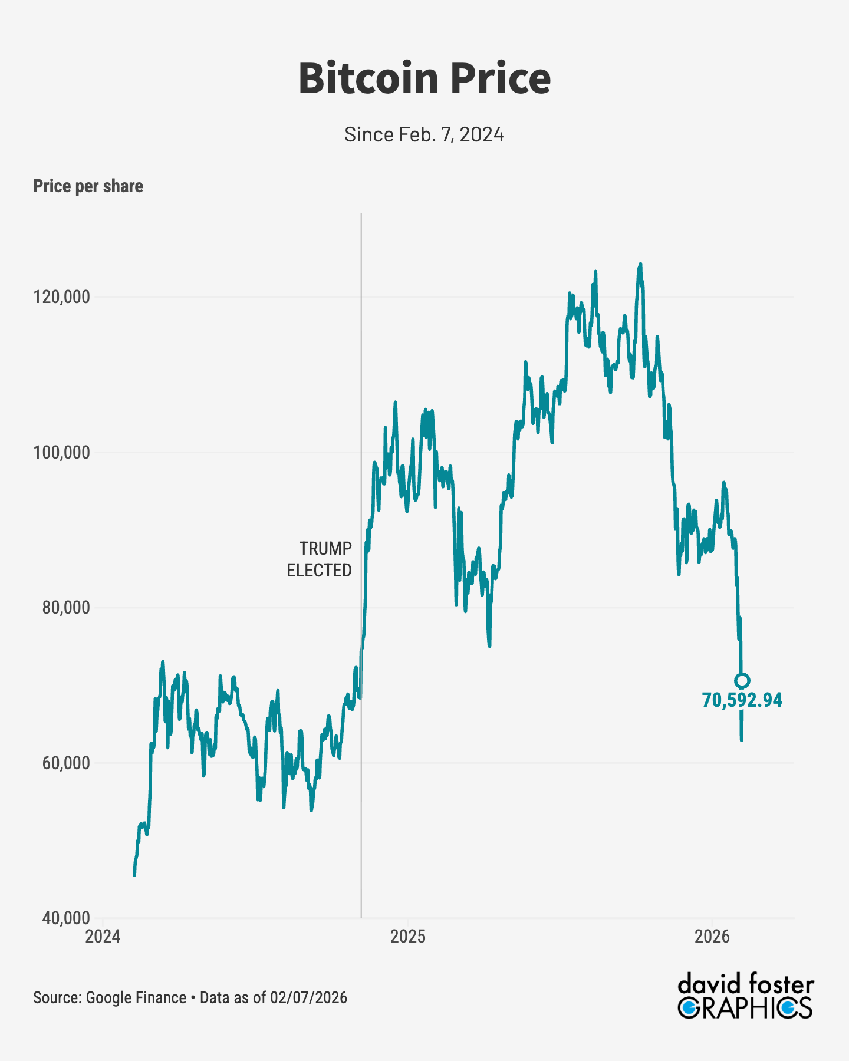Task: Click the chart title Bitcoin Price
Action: (424, 78)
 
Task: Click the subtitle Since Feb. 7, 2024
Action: (424, 134)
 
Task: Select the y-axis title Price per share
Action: (88, 186)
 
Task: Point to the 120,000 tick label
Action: (62, 297)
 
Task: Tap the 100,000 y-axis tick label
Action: (62, 453)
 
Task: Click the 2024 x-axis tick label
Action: (103, 936)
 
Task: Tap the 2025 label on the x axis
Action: (407, 936)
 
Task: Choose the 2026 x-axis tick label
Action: (712, 936)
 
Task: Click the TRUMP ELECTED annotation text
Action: (319, 559)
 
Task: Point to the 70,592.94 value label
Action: (742, 700)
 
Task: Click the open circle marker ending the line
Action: (742, 680)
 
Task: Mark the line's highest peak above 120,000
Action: (640, 265)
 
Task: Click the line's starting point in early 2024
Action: (134, 875)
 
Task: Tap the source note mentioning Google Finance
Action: (110, 998)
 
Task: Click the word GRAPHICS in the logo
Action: (745, 1007)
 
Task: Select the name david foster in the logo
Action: (745, 984)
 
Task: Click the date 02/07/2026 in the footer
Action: (308, 998)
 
